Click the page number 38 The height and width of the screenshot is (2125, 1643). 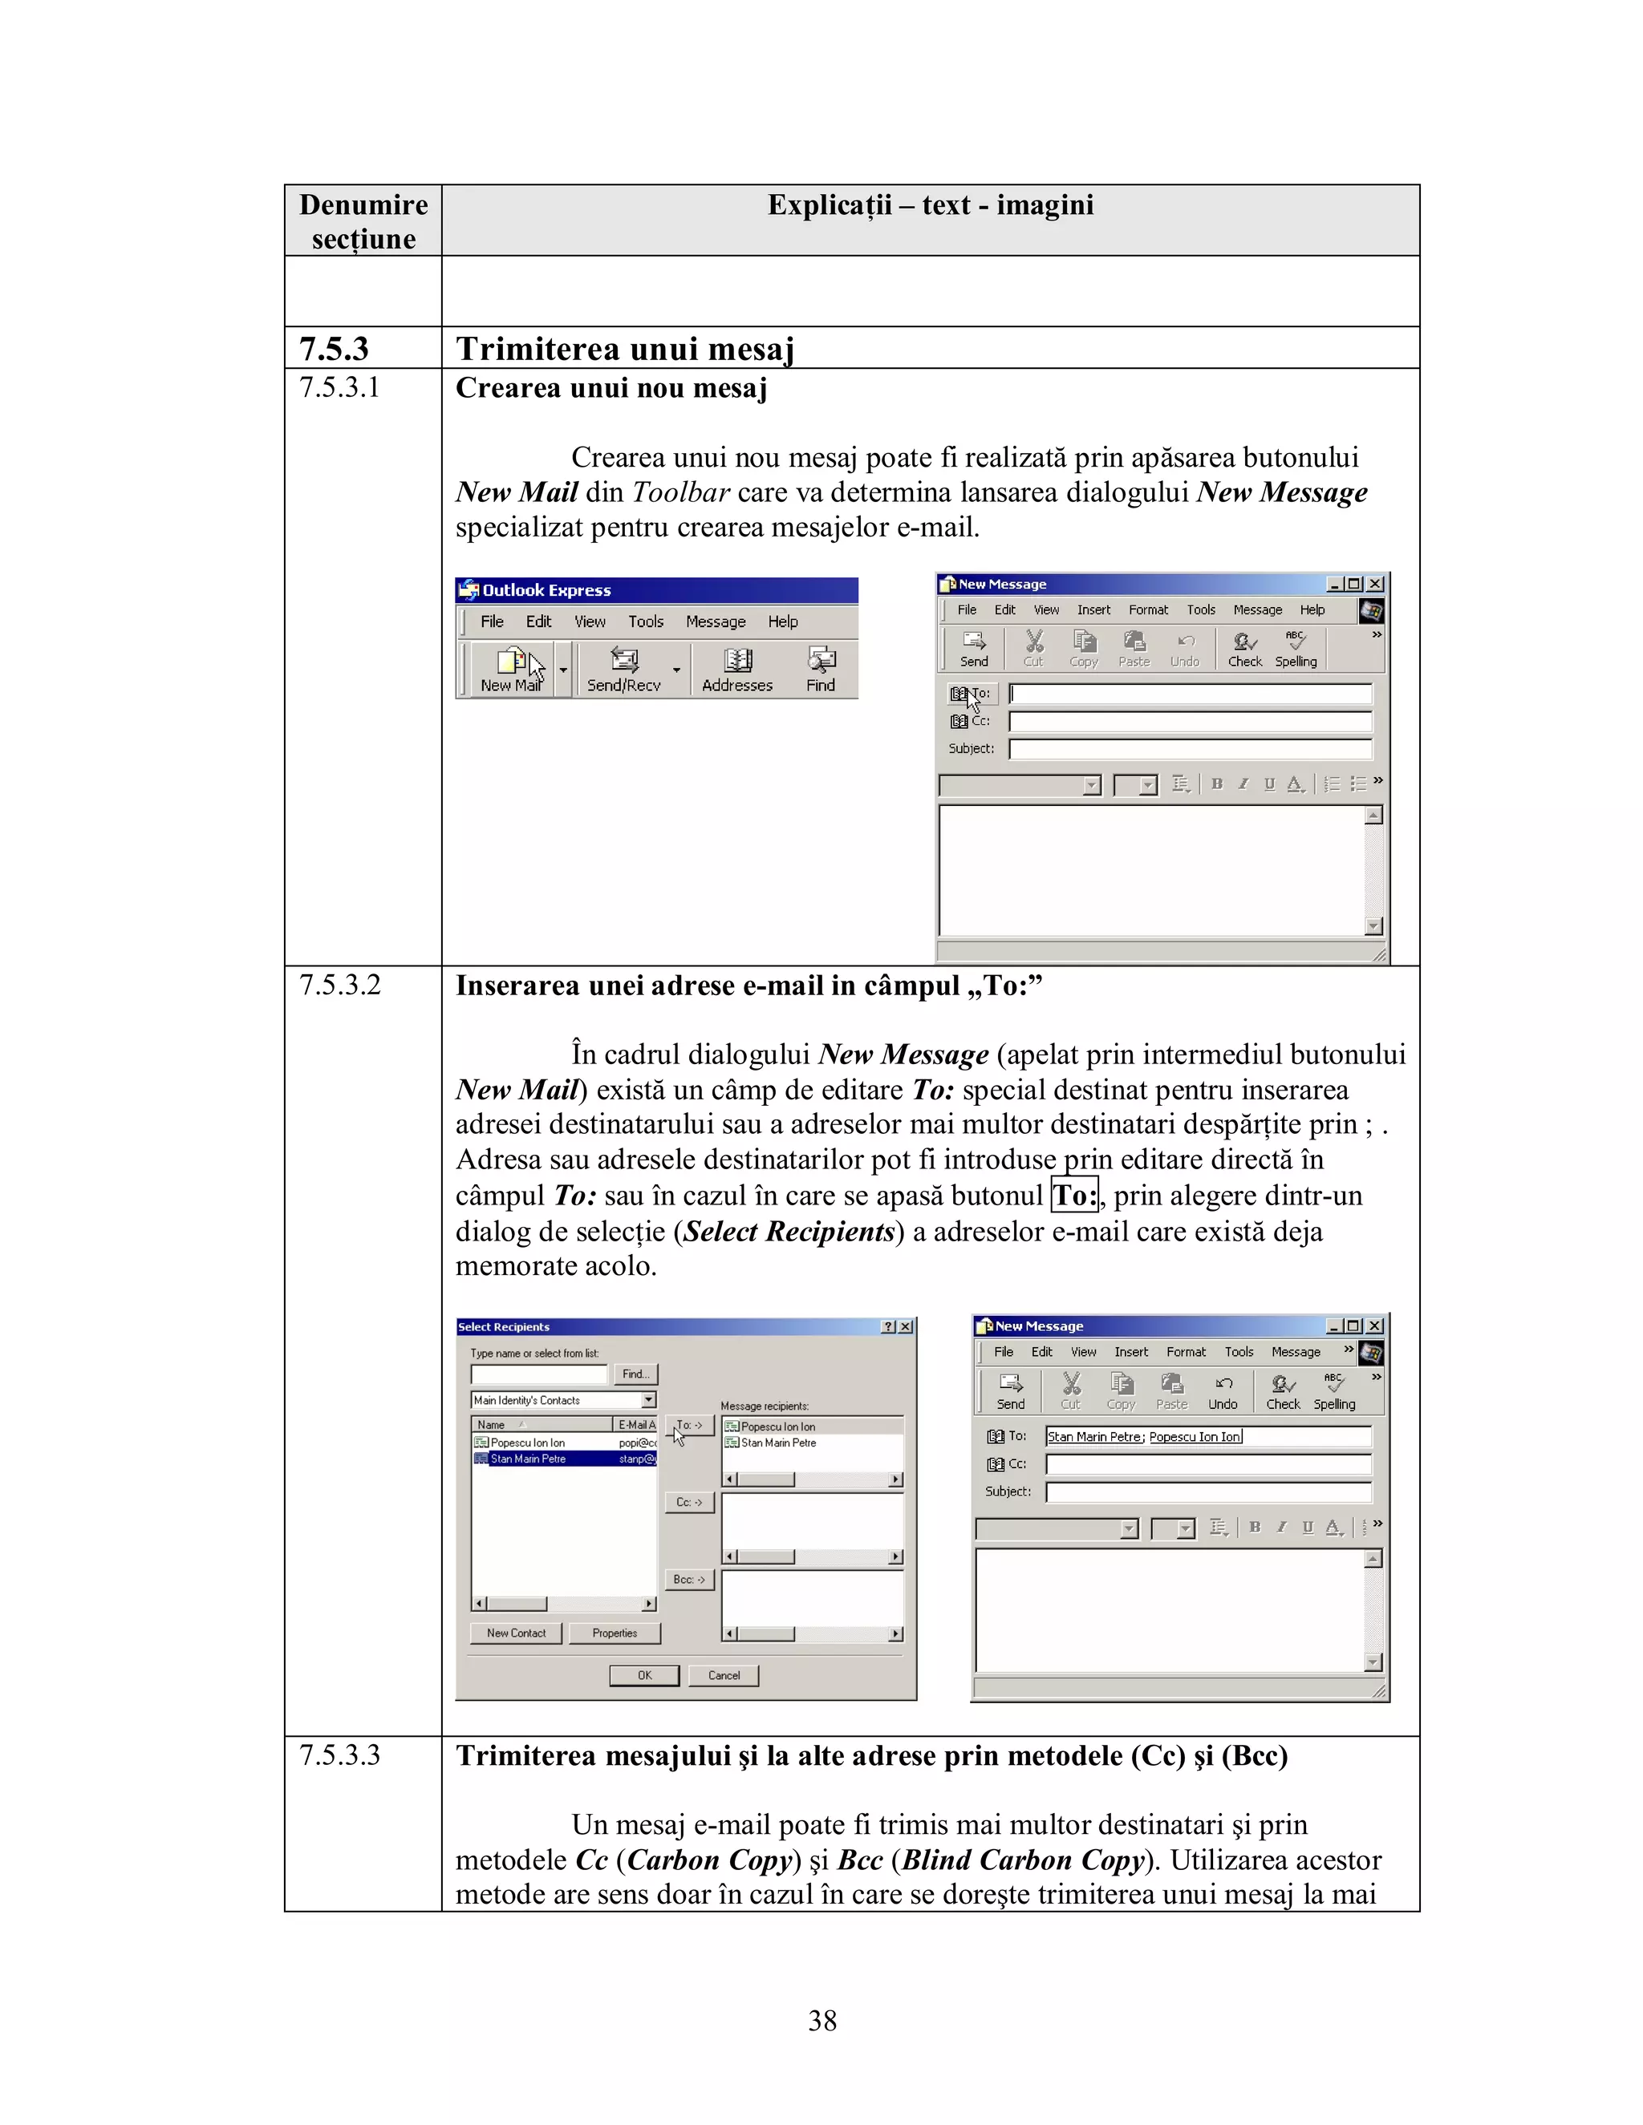[821, 2021]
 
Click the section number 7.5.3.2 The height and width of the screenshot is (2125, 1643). [339, 985]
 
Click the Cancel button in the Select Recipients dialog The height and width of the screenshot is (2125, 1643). [723, 1675]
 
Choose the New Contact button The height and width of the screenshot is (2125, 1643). [516, 1633]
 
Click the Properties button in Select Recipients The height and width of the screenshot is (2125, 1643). [615, 1633]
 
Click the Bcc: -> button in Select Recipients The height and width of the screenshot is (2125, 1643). [689, 1579]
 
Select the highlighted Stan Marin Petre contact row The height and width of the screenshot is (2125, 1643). [562, 1459]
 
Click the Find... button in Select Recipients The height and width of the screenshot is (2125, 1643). [635, 1374]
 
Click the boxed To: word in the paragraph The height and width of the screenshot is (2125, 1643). [1074, 1195]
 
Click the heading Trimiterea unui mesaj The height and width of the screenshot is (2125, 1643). [625, 348]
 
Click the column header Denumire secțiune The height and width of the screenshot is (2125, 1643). [363, 222]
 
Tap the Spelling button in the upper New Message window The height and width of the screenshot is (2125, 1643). [1296, 649]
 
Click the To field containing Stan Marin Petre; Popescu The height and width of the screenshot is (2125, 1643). [1207, 1436]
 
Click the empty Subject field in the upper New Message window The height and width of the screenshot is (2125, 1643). [1190, 749]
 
